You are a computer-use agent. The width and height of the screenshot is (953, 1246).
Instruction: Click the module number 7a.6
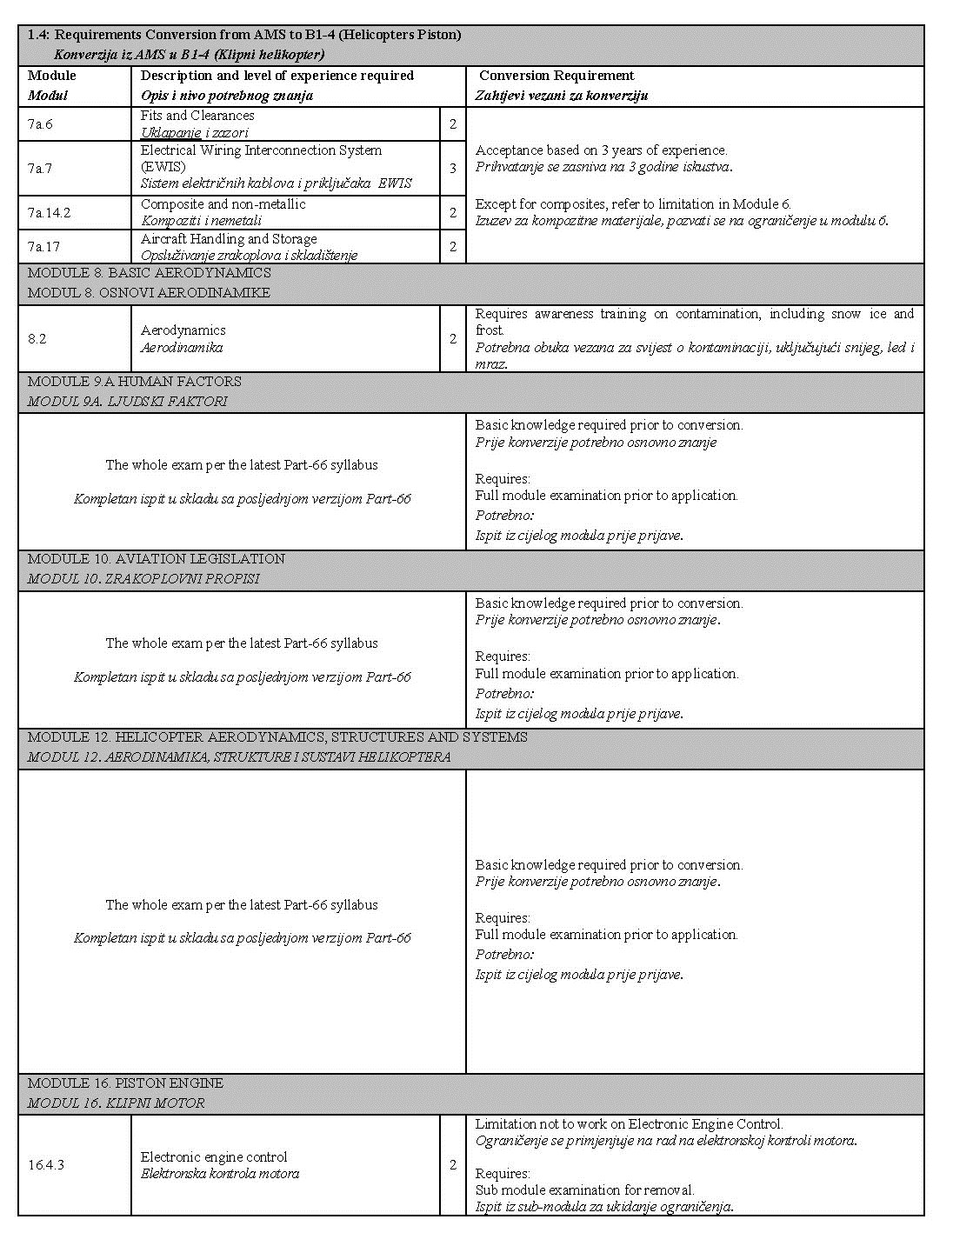40,124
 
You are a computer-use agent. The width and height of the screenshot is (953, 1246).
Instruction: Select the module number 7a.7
40,168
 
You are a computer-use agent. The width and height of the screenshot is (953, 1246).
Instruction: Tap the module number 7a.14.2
49,212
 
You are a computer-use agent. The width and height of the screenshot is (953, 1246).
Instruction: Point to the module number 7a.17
43,247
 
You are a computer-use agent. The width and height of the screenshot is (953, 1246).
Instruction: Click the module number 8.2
37,339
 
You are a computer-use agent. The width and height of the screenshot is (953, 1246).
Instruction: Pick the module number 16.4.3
45,1165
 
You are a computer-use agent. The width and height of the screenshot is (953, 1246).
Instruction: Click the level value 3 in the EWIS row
453,168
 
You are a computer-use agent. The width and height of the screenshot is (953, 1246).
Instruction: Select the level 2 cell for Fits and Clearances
453,124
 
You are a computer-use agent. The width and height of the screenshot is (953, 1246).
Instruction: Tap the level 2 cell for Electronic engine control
453,1165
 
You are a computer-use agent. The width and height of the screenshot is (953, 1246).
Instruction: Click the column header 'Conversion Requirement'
556,76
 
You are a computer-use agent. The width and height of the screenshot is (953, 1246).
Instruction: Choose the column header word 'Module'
52,76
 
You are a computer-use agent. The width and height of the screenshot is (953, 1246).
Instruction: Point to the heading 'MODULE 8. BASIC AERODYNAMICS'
149,273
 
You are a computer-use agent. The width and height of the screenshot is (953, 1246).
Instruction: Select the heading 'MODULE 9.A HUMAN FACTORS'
135,382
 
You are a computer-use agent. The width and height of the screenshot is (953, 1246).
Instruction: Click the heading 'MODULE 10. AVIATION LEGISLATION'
157,559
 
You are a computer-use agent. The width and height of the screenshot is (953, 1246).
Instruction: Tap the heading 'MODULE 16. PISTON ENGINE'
125,1083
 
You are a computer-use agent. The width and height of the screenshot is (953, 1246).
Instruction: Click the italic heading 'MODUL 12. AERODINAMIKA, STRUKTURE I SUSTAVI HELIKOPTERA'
239,757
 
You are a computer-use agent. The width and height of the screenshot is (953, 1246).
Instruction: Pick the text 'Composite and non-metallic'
223,204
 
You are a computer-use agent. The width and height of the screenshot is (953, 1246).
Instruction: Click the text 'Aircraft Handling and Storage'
229,239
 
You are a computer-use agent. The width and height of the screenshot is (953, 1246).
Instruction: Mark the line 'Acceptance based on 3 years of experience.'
601,150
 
